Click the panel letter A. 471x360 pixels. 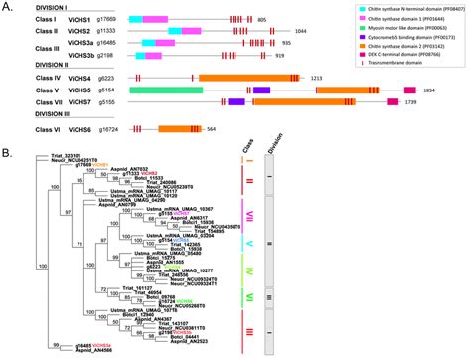[8, 6]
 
